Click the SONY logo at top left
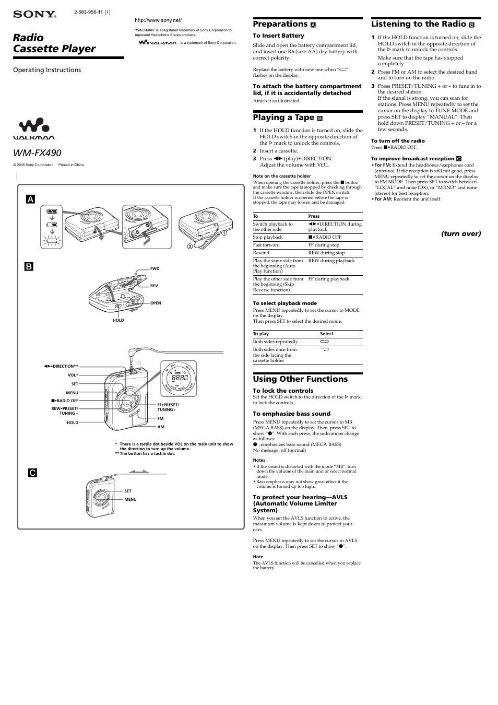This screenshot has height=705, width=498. coord(34,14)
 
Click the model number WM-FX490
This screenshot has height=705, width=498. coord(37,153)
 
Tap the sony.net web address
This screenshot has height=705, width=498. coord(158,20)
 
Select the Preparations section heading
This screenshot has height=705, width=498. coord(280,24)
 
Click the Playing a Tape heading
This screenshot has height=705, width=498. coord(283,118)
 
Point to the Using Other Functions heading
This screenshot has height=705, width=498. coord(300,379)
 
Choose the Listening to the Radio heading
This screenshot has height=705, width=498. coord(418,24)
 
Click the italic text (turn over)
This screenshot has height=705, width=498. coord(461,233)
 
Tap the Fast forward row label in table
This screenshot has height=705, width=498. coord(266,245)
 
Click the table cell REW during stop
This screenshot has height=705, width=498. coord(326,253)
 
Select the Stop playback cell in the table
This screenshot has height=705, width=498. coord(268,237)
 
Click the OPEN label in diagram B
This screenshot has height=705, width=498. coord(156,303)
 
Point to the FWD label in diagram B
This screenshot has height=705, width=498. coord(155,268)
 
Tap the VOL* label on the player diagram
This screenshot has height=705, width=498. coord(73,375)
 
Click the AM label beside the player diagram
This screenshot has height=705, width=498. coord(161,427)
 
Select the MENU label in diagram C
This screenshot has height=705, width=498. coord(130,499)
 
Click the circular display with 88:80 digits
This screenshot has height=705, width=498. coord(178,378)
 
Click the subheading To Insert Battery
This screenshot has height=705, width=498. coord(278,36)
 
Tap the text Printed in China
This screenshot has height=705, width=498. coord(71,165)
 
